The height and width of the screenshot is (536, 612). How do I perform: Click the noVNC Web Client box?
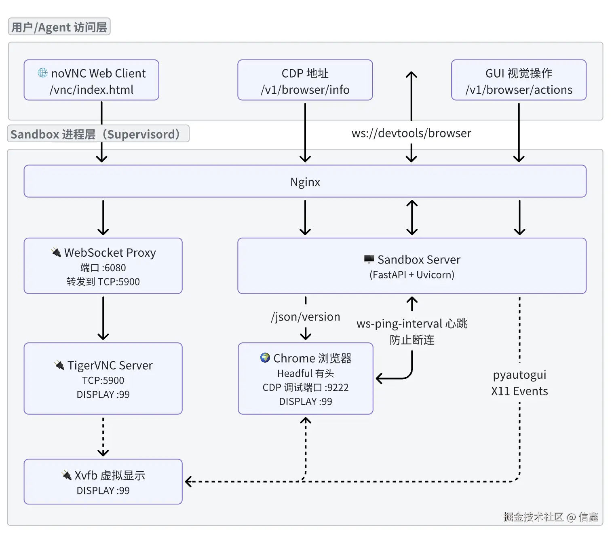(x=91, y=80)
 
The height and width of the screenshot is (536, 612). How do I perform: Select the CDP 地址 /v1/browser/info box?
(x=305, y=80)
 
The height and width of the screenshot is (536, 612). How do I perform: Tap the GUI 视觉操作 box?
(x=518, y=80)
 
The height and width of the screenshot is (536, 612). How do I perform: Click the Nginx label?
(x=305, y=182)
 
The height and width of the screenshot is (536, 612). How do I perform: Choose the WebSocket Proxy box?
(x=103, y=266)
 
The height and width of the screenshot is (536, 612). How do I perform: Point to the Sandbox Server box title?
(x=418, y=260)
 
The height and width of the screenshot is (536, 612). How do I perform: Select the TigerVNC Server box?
(x=103, y=378)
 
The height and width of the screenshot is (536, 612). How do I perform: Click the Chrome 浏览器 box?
(x=305, y=378)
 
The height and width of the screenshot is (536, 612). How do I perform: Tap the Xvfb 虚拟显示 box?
(x=103, y=481)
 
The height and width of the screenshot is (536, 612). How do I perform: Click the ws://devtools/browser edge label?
(x=411, y=133)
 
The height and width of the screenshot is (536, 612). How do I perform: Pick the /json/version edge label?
(x=305, y=317)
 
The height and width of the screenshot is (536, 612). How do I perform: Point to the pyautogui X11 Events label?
(x=519, y=382)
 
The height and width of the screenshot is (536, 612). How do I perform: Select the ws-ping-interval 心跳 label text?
(x=412, y=324)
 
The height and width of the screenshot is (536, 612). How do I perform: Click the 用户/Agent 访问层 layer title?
(x=59, y=27)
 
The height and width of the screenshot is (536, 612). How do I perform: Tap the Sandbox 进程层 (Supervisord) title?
(x=98, y=134)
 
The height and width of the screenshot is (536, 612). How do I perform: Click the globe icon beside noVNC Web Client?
(x=42, y=73)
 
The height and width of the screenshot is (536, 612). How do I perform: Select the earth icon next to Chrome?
(x=265, y=358)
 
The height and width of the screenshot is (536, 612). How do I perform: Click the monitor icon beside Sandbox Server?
(x=369, y=259)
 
